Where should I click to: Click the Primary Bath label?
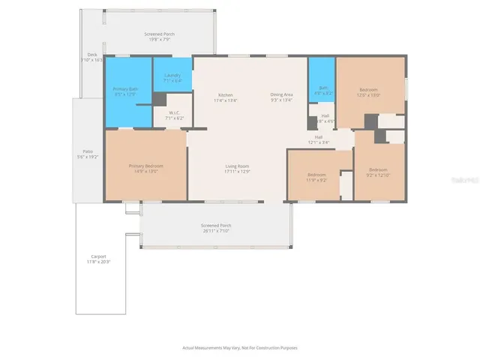click(124, 92)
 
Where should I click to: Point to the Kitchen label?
click(226, 97)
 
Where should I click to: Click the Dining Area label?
click(283, 97)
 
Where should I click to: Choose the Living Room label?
click(237, 168)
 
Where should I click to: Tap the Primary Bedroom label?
click(145, 168)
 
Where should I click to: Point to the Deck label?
click(93, 56)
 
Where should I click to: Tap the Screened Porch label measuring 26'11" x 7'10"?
click(215, 228)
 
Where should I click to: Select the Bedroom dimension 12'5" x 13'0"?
click(369, 95)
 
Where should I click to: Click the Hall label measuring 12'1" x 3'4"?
click(319, 139)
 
